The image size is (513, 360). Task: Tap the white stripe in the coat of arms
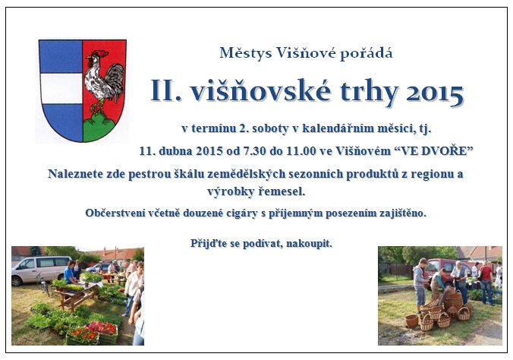point(61,88)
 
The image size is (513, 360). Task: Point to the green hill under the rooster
point(99,127)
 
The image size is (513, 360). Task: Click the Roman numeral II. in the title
point(166,90)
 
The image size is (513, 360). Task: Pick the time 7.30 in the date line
point(253,150)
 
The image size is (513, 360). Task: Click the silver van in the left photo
point(40,270)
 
